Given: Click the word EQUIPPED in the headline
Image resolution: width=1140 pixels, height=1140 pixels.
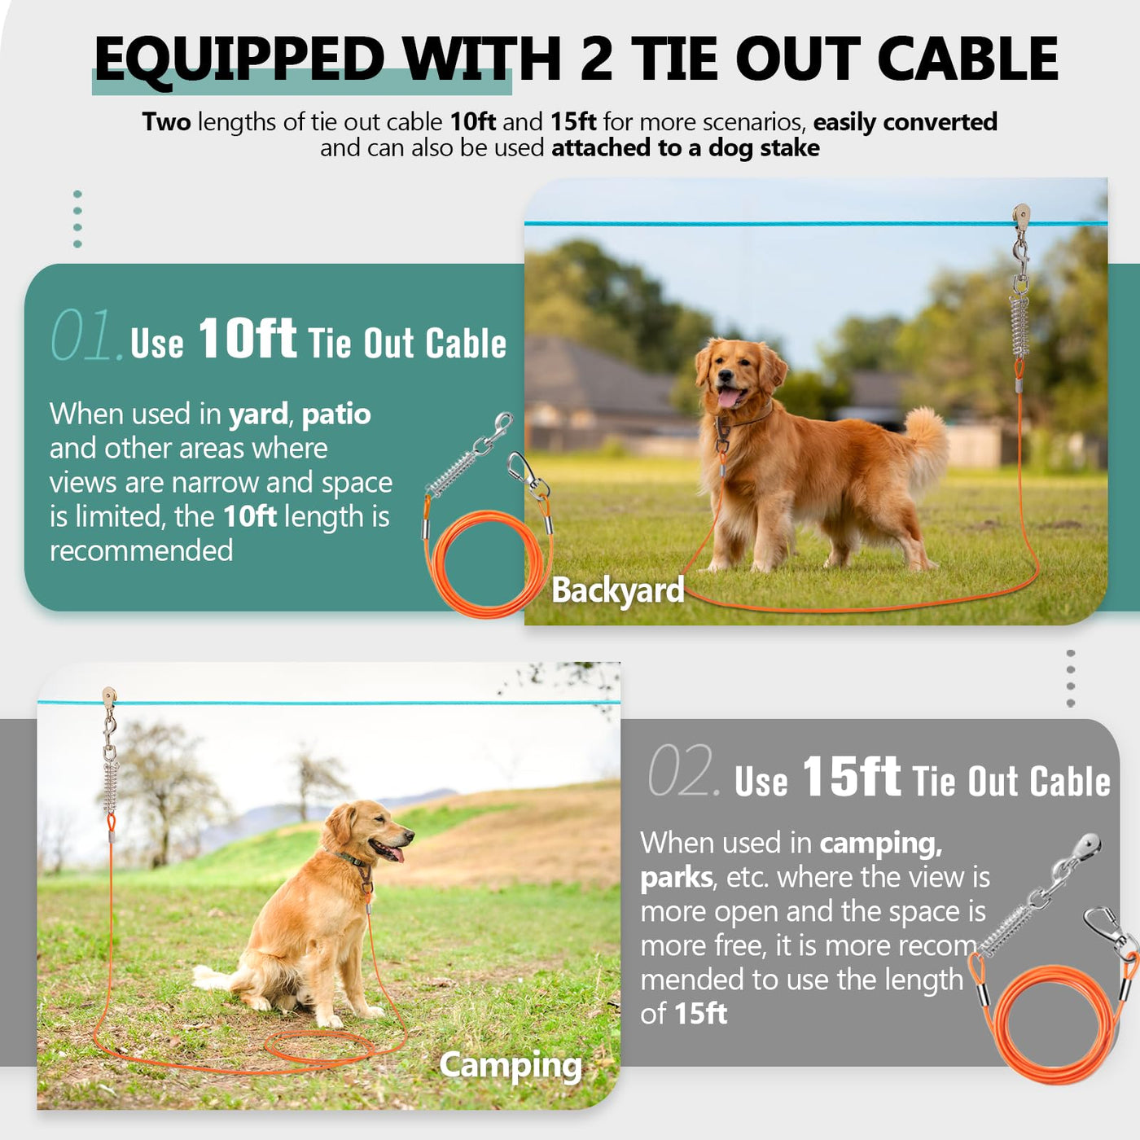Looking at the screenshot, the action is [x=239, y=59].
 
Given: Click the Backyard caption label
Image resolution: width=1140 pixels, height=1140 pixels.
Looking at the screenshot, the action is [x=617, y=590].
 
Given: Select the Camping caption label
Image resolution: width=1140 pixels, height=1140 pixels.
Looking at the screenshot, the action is [x=511, y=1065].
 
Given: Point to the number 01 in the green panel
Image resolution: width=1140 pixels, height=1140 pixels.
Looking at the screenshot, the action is [x=87, y=335].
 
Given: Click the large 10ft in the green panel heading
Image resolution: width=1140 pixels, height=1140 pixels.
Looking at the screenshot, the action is [x=248, y=338].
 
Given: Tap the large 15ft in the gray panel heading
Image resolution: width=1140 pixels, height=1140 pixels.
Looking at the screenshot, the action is [x=851, y=775].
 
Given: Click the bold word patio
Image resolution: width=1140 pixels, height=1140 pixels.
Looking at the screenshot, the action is [x=336, y=415].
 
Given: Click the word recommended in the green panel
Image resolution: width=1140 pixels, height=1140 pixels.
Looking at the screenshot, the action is [x=142, y=550].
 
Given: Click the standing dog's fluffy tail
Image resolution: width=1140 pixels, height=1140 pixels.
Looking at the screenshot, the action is [x=925, y=447].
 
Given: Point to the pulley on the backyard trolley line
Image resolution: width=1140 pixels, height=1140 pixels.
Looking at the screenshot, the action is [x=1021, y=216].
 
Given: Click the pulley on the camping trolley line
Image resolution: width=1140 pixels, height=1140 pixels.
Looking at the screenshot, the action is [x=109, y=697].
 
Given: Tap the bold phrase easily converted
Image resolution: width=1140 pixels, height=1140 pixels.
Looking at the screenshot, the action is [x=905, y=122].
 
